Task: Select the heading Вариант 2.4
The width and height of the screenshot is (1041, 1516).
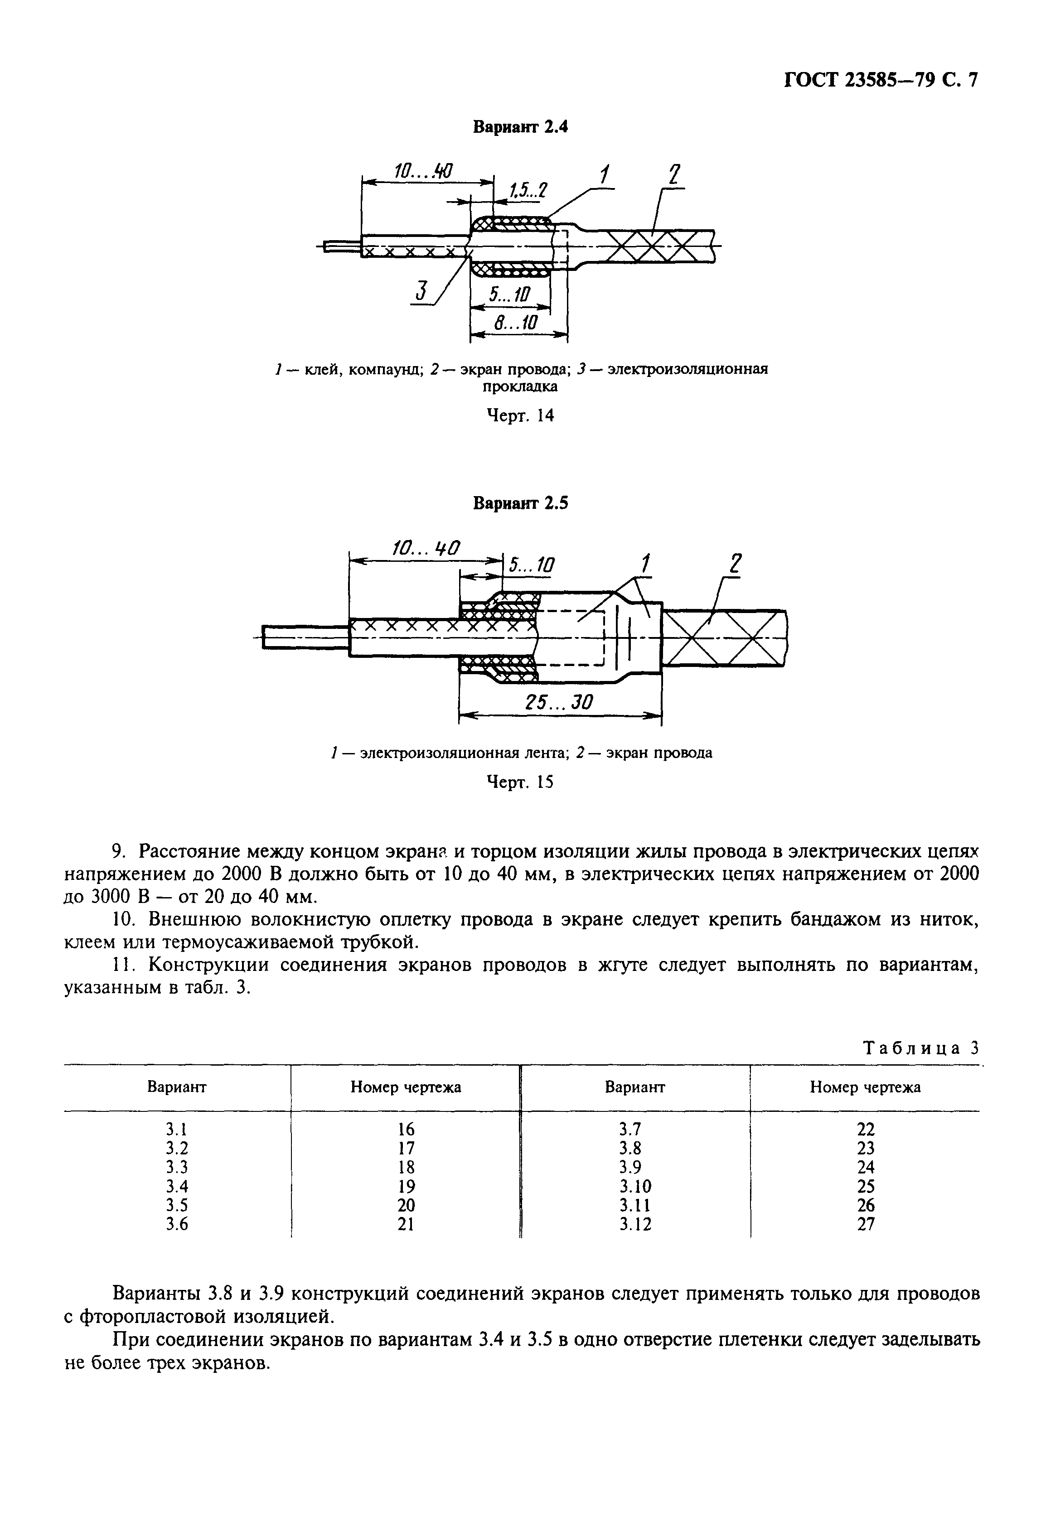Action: [x=520, y=127]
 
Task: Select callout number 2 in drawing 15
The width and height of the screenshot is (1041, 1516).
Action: [x=735, y=564]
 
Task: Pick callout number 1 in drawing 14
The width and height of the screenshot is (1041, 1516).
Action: [x=605, y=175]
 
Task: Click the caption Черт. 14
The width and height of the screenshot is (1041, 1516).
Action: [x=521, y=415]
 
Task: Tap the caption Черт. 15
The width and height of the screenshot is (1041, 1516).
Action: [x=521, y=782]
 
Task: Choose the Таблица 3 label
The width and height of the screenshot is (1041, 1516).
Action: [x=921, y=1048]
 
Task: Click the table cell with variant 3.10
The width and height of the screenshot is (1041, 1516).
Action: [x=635, y=1186]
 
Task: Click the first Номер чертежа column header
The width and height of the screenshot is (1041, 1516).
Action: [x=406, y=1087]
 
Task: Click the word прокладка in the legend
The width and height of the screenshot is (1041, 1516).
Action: [x=520, y=386]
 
